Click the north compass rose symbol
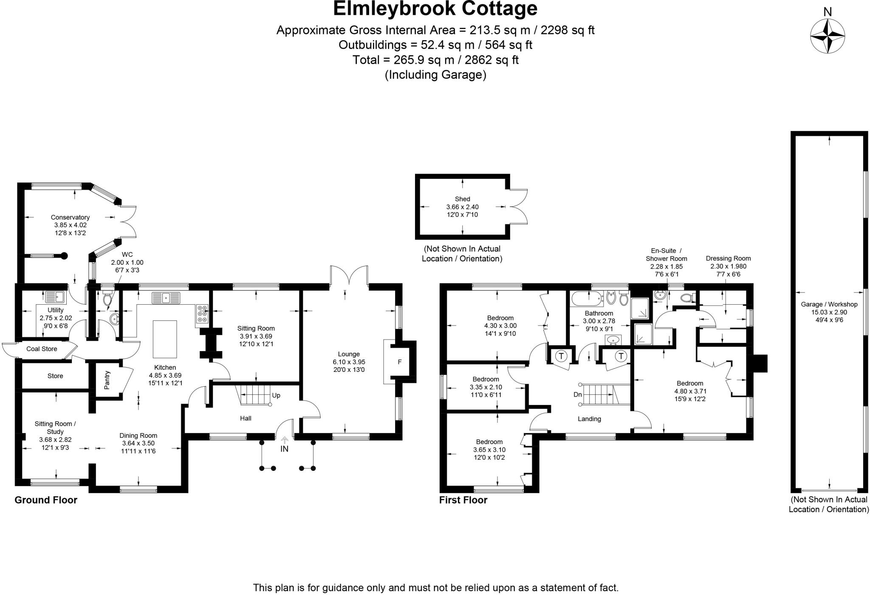coord(827,36)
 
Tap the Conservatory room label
coord(70,217)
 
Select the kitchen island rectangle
coord(165,339)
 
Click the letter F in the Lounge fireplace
coord(399,362)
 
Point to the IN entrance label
coord(284,449)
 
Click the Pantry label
coord(107,380)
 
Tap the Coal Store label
coord(42,349)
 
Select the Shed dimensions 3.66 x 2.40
coord(462,207)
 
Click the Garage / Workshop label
coord(829,304)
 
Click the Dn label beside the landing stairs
coord(577,394)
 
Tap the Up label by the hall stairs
coord(276,395)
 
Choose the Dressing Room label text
coord(728,258)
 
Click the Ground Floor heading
coord(46,500)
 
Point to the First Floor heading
coord(463,500)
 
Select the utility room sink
coord(54,297)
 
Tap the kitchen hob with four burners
coord(202,314)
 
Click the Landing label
coord(589,419)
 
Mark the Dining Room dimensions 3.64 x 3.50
coord(138,443)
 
